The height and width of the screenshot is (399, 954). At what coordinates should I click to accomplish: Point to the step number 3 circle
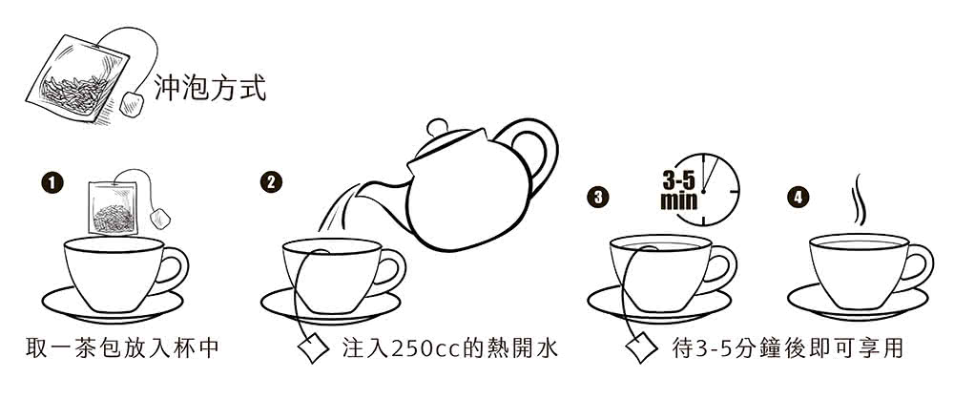pos(597,198)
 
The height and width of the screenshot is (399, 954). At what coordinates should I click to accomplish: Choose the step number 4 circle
pos(797,198)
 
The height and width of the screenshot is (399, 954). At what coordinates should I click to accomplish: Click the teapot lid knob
pos(437,126)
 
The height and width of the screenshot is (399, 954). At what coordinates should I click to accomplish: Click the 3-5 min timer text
pos(679,189)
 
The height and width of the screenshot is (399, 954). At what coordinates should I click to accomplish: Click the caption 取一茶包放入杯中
pos(124,347)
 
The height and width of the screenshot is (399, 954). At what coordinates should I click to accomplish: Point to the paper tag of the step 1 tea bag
pos(162,215)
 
